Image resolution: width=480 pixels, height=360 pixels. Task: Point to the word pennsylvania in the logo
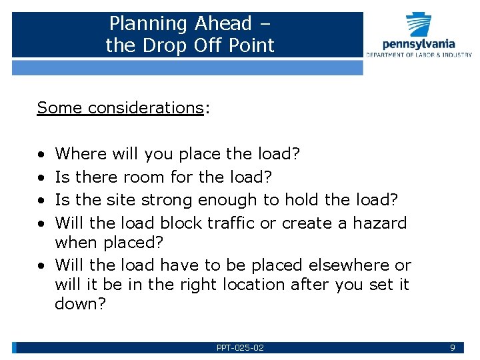[419, 45]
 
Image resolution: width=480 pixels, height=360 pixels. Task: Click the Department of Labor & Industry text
[419, 55]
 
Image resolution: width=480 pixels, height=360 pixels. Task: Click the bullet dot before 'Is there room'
[41, 178]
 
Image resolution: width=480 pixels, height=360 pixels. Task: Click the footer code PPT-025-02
[240, 348]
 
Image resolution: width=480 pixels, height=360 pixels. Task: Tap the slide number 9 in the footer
[453, 348]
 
